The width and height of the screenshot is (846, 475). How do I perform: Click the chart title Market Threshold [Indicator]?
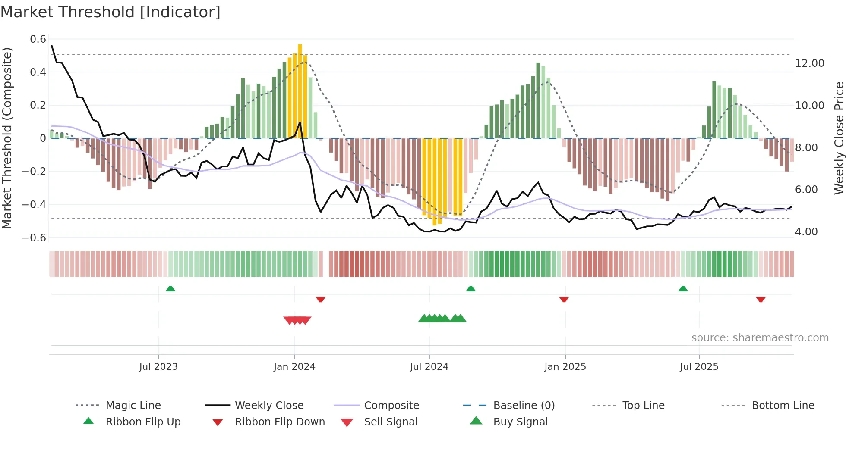110,12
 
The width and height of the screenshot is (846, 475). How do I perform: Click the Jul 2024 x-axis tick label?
429,367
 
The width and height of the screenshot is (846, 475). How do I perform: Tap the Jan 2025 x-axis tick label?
565,367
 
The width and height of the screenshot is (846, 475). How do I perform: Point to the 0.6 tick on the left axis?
38,39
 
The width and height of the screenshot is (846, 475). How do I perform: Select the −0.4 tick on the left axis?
34,205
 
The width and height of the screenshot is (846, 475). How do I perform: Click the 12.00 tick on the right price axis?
809,63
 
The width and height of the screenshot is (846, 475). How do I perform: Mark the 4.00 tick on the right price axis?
806,232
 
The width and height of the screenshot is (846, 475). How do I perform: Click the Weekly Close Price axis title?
839,138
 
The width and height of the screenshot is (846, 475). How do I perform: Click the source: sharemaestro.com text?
760,338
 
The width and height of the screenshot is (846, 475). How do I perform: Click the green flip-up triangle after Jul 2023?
170,289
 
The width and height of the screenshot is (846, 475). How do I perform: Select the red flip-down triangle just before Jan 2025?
564,299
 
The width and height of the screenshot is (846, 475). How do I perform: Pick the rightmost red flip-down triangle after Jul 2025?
761,299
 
